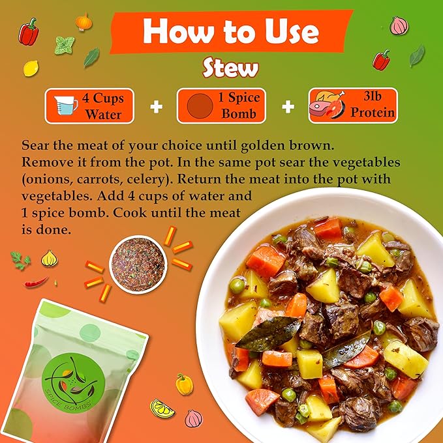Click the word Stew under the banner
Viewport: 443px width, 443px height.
[230, 68]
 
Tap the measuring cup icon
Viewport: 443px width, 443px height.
[66, 105]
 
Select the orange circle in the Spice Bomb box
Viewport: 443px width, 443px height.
[200, 106]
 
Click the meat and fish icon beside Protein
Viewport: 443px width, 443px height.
[328, 104]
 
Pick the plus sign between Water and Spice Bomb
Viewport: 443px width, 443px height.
[156, 107]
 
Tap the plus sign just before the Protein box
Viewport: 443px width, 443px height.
[288, 107]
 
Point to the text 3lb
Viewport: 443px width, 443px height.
[373, 96]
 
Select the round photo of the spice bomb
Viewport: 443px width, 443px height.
[138, 264]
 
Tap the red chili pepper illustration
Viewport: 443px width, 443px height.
[36, 282]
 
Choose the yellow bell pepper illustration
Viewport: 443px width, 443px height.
[184, 384]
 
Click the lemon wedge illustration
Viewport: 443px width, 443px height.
[162, 408]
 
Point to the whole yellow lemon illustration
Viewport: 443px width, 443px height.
[31, 68]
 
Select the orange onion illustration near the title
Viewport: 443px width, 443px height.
[84, 22]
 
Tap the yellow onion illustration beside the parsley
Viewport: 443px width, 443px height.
[50, 258]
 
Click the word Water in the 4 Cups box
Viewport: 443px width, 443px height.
[104, 114]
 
